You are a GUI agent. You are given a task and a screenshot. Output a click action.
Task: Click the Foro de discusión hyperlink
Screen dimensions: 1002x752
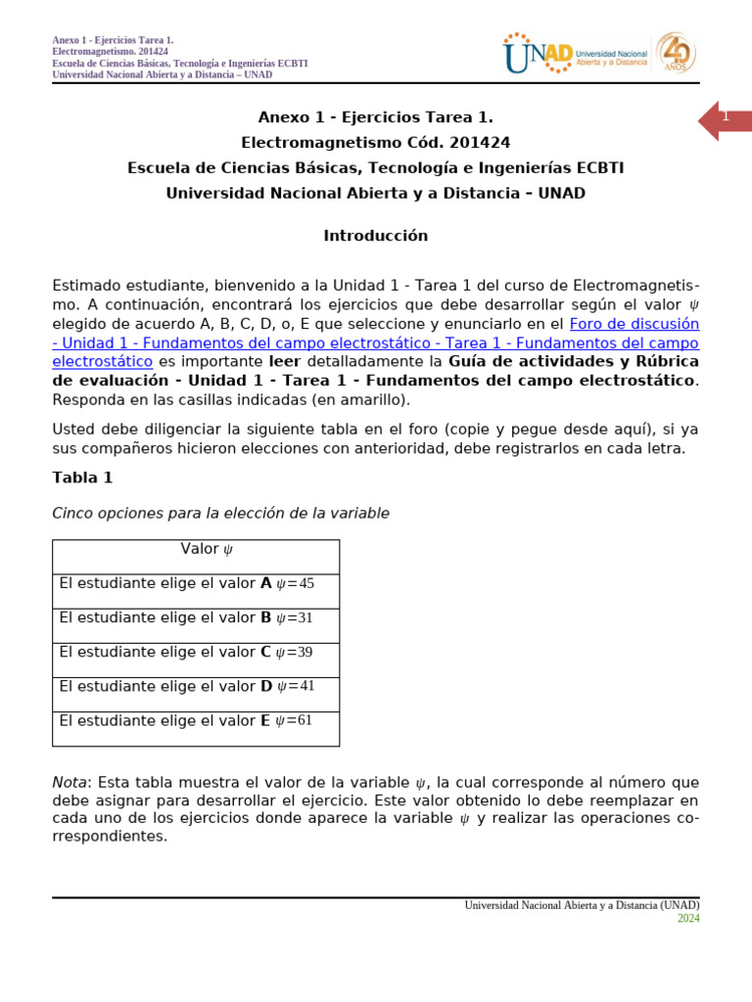pos(634,323)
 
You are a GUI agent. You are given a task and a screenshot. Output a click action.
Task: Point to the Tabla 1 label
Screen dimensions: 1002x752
pos(82,478)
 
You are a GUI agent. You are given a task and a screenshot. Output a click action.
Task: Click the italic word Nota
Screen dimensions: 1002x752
pos(70,782)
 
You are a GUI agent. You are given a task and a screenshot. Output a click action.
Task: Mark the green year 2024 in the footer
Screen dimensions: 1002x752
pos(688,918)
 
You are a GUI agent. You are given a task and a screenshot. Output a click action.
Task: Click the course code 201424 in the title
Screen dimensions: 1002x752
pos(476,143)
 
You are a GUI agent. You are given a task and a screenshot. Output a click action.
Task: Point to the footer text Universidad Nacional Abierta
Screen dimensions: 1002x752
pos(582,905)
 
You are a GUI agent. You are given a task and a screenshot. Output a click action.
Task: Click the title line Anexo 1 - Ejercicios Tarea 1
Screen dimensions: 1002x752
pos(376,118)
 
